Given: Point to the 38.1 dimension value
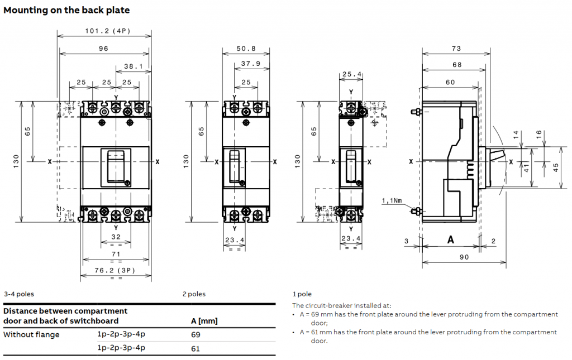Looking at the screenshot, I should (x=133, y=66).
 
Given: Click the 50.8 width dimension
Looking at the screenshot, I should (x=246, y=49).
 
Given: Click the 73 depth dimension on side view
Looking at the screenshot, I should (x=456, y=49).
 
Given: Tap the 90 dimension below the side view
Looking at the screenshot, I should (x=464, y=257).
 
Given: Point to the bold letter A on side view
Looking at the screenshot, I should (x=450, y=239).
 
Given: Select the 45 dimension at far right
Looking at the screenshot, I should (x=556, y=167).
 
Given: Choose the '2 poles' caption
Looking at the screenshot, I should (x=193, y=294).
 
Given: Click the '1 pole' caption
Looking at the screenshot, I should (x=302, y=294).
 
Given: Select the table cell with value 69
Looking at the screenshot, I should (x=196, y=334).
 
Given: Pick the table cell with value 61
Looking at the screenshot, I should (x=196, y=348).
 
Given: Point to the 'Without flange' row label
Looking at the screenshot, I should (x=31, y=334).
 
